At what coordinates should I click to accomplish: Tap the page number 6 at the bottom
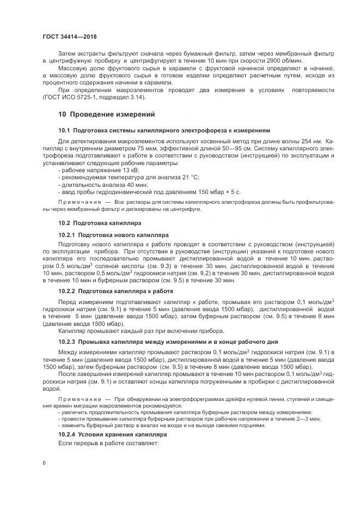pyautogui.click(x=44, y=462)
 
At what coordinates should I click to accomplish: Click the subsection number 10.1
pyautogui.click(x=64, y=131)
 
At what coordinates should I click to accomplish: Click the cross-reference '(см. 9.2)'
pyautogui.click(x=199, y=273)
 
